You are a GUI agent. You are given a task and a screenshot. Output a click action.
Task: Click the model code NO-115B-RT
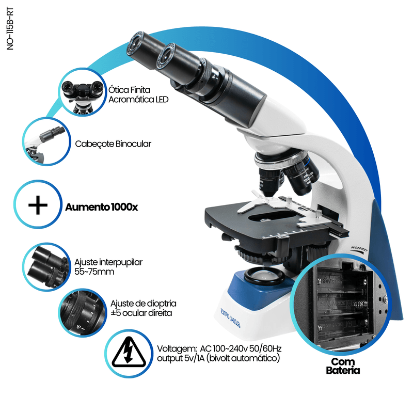pos(10,29)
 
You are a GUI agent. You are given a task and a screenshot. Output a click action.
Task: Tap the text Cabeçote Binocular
pos(113,144)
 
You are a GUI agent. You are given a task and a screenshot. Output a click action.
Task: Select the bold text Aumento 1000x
pos(101,207)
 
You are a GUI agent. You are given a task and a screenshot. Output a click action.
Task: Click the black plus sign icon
pos(38,205)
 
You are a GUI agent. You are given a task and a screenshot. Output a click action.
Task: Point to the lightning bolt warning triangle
pos(129,353)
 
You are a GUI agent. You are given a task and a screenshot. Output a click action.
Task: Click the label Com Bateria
pos(343,366)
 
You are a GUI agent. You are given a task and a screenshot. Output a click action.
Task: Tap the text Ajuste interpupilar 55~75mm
pos(108,267)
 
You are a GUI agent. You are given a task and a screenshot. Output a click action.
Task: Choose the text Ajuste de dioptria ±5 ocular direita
pos(144,308)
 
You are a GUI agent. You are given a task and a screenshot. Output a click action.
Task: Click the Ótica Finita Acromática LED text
pos(138,94)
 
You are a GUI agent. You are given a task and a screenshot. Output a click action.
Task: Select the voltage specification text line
pos(219,353)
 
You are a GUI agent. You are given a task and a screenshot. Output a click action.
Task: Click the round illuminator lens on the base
pos(264,276)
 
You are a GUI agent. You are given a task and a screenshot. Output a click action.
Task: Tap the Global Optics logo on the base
pos(230,318)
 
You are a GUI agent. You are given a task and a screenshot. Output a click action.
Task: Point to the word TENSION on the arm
pos(359,250)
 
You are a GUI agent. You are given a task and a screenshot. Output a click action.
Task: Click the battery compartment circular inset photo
pos(340,304)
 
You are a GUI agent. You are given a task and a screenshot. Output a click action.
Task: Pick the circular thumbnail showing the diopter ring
pos(83,313)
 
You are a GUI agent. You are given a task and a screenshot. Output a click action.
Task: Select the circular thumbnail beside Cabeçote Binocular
pos(46,141)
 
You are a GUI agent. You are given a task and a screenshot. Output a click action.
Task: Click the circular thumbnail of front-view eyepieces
pos(83,92)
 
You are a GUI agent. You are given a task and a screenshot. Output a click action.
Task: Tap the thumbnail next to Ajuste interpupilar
pos(46,267)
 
